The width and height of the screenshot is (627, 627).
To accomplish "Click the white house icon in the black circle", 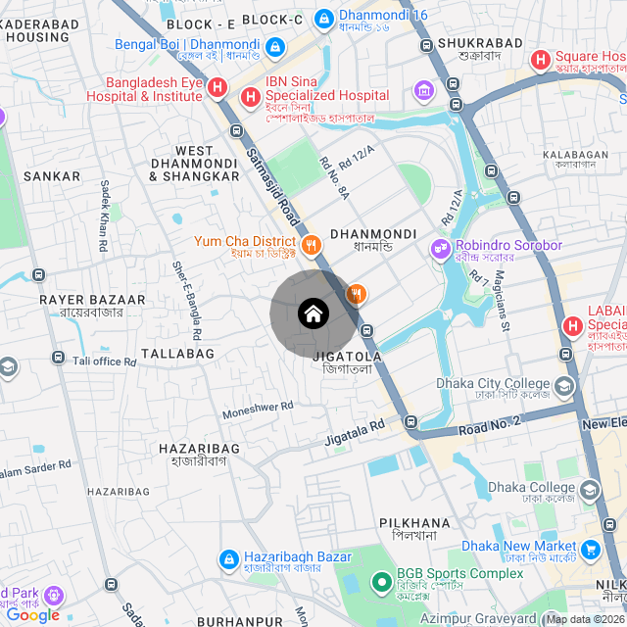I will (313, 314).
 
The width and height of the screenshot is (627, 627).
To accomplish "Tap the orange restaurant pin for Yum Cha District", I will (311, 244).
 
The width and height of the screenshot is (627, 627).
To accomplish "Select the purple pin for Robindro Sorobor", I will (439, 247).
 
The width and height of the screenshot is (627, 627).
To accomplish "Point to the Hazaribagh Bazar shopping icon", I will (227, 558).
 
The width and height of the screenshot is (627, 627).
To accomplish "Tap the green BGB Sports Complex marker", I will (381, 582).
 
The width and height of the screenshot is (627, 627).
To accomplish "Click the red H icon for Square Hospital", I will (540, 60).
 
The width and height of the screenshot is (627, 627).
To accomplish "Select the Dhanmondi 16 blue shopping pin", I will (323, 17).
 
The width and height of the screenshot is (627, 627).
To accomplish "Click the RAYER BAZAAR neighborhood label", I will (92, 300).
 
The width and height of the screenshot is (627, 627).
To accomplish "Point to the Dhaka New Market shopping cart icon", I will (590, 550).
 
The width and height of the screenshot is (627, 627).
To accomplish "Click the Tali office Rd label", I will (103, 362).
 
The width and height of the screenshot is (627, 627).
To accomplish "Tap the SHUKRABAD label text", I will (469, 43).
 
